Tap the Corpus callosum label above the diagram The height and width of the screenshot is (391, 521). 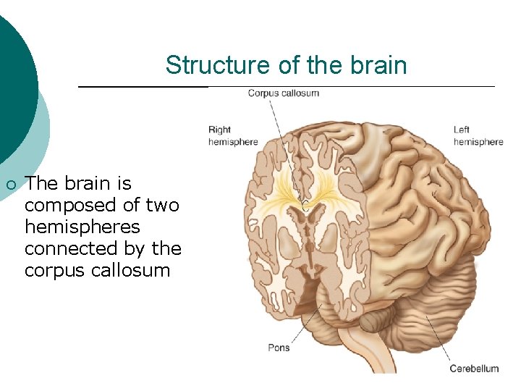click(x=283, y=93)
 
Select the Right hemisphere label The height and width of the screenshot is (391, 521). click(x=232, y=136)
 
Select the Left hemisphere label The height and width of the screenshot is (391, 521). click(x=478, y=136)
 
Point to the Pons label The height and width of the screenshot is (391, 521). click(x=279, y=348)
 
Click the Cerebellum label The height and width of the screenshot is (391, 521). click(x=474, y=369)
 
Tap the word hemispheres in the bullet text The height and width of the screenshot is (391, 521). click(x=82, y=227)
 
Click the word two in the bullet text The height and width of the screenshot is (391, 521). click(x=162, y=206)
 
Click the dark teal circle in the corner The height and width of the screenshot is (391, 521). click(x=11, y=80)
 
